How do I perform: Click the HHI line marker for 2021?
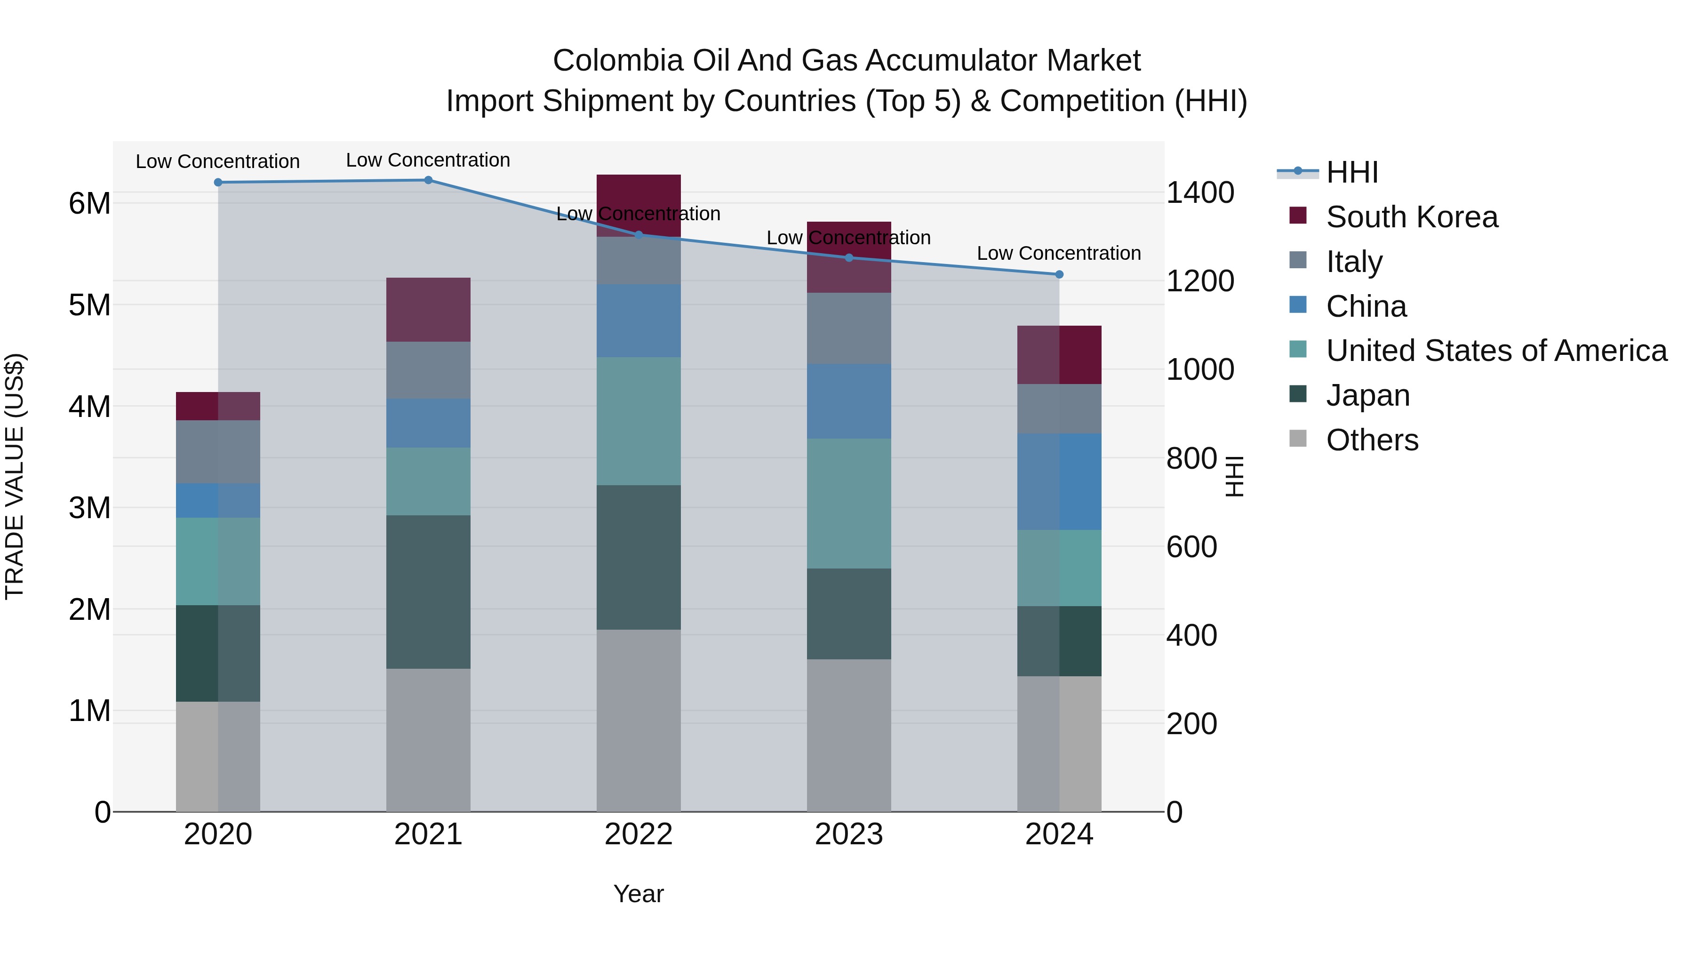point(428,180)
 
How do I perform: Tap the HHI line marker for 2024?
point(1059,274)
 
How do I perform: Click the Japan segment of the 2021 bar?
point(428,592)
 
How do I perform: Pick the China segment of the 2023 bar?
point(848,401)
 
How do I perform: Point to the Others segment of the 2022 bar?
point(638,720)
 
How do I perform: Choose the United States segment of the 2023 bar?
point(848,503)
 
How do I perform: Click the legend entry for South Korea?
point(1411,217)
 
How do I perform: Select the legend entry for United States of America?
point(1496,351)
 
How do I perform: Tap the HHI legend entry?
point(1351,172)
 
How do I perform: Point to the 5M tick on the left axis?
point(89,305)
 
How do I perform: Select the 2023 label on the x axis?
point(848,834)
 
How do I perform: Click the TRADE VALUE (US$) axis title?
point(15,476)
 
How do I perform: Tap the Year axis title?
point(638,894)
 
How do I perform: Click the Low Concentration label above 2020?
point(218,161)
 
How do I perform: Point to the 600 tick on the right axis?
point(1191,547)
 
